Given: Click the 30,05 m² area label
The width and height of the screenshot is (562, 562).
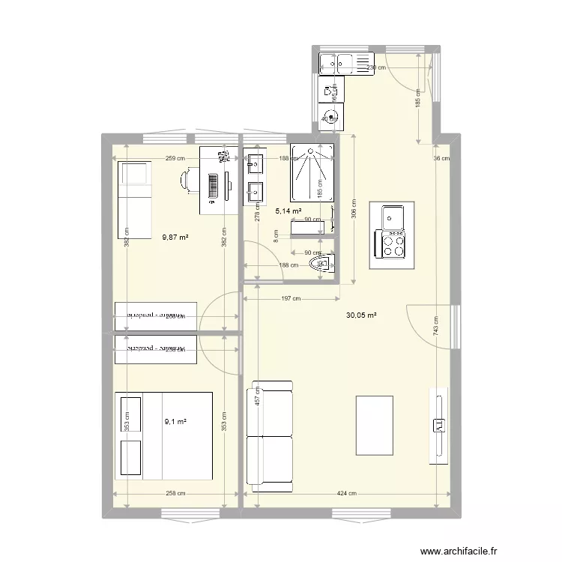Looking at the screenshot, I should click(x=360, y=315).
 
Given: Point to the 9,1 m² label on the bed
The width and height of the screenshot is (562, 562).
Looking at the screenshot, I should click(x=175, y=423).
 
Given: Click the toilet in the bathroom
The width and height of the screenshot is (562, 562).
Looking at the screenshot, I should click(x=318, y=265).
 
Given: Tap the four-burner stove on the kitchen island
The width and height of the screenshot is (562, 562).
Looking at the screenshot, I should click(x=393, y=244).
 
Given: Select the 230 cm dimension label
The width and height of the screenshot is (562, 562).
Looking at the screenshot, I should click(x=376, y=67).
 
